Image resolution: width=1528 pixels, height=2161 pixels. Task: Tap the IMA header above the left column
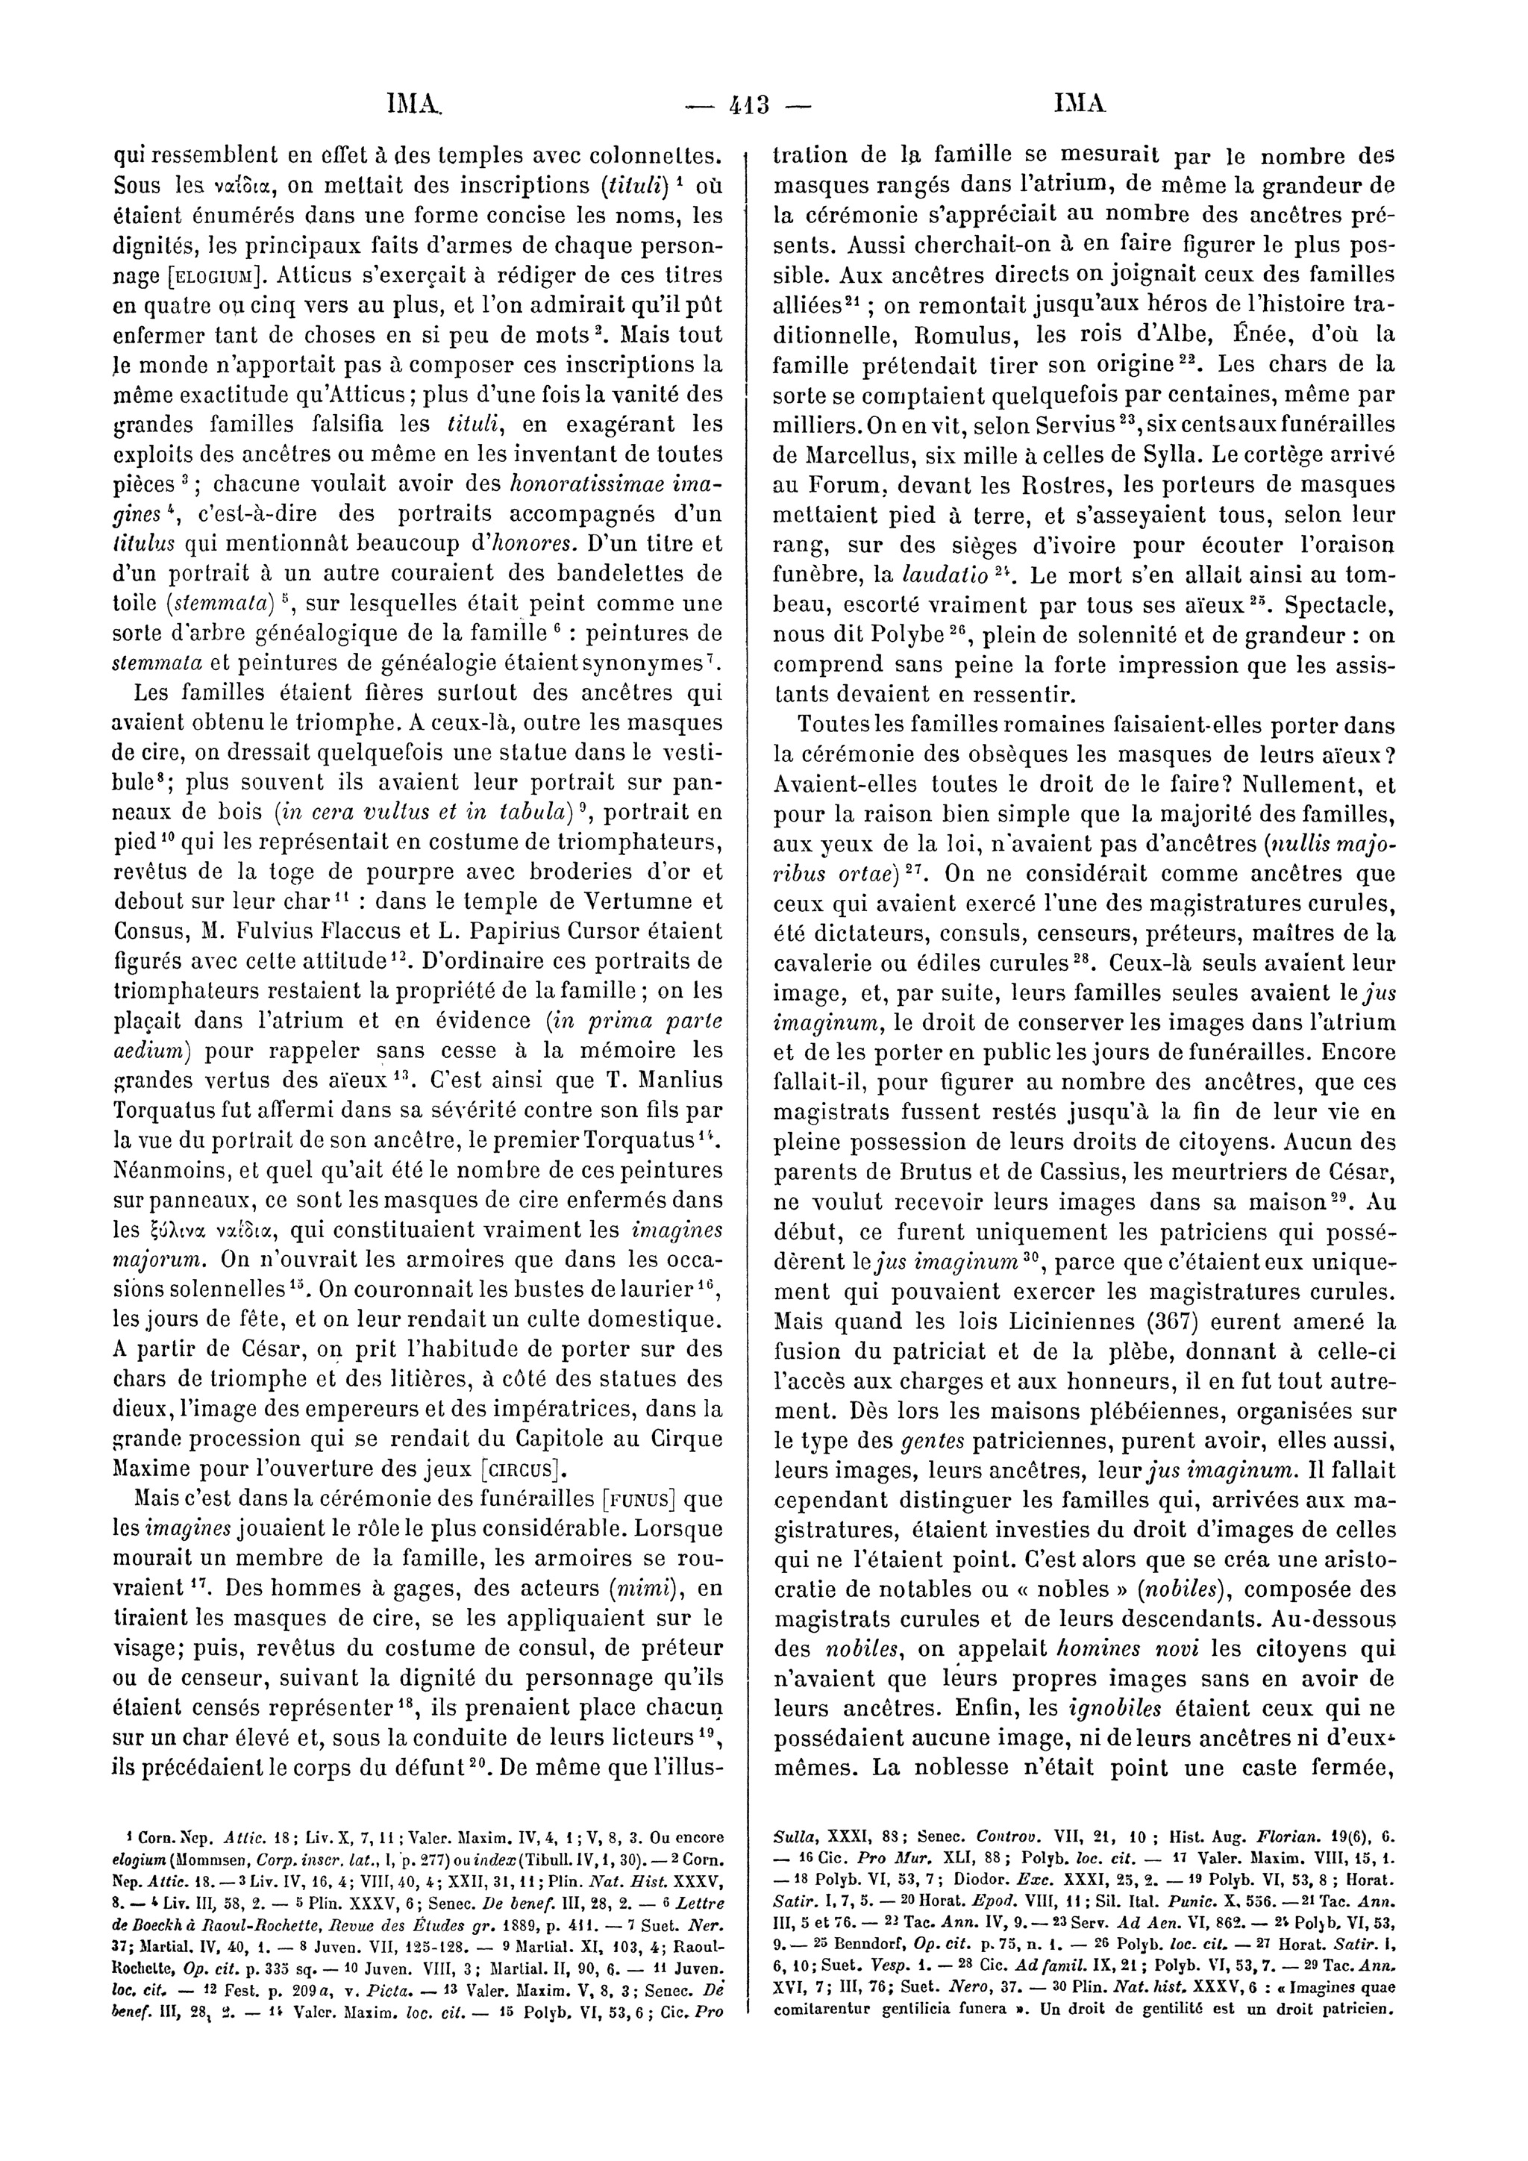[415, 104]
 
